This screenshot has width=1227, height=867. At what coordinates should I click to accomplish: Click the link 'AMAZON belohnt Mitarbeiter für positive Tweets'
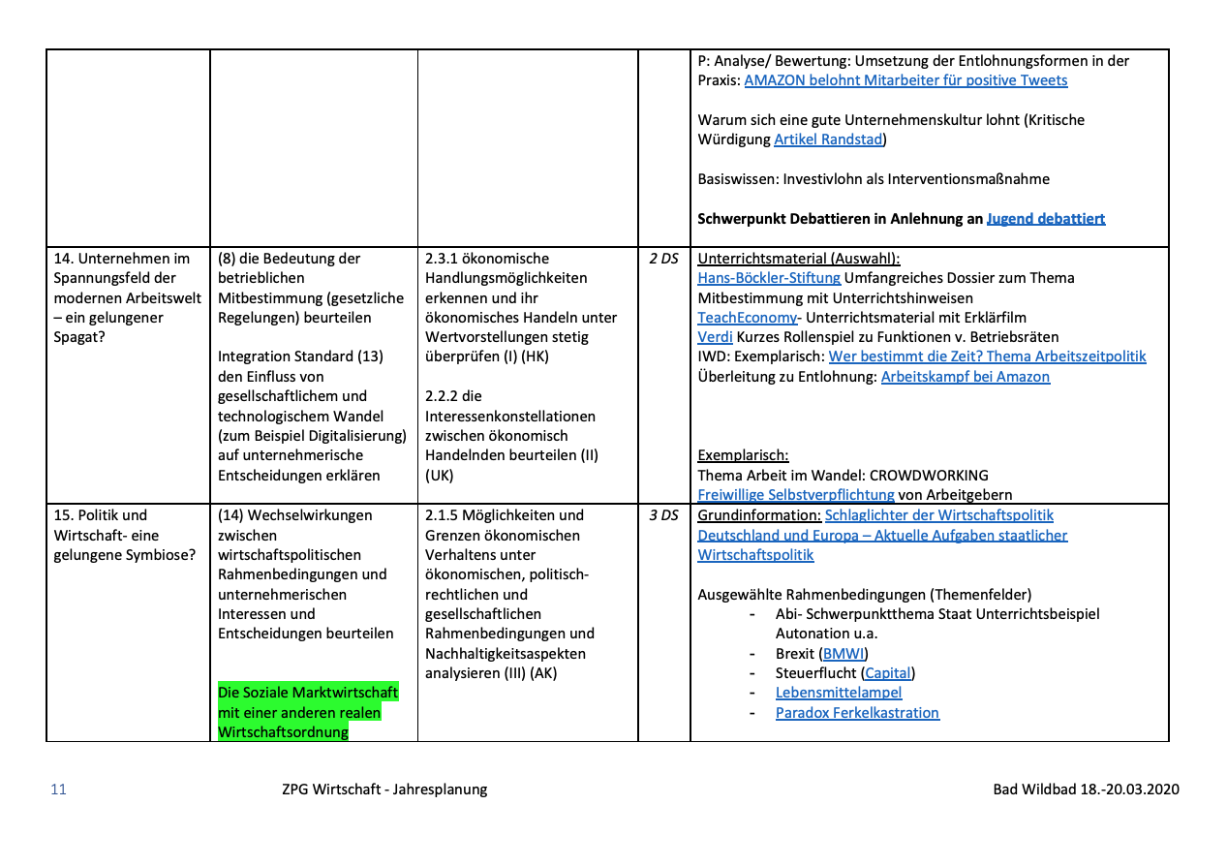(x=905, y=80)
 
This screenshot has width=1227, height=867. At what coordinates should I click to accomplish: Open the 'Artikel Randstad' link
(x=829, y=139)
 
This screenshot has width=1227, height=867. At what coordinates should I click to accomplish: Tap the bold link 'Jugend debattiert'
(x=1046, y=219)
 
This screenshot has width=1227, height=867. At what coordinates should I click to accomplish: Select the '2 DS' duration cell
(x=663, y=259)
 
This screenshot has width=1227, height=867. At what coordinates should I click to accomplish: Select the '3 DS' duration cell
(x=663, y=515)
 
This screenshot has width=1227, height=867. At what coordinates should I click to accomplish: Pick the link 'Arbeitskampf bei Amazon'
(x=965, y=377)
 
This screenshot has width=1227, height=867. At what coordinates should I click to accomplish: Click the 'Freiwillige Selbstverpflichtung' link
(x=796, y=495)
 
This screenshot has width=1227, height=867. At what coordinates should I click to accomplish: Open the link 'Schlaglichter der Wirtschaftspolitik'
(x=938, y=515)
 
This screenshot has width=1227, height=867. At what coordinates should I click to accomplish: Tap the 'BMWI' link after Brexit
(x=844, y=654)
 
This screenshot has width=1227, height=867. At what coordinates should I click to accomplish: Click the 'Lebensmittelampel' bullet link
(x=839, y=693)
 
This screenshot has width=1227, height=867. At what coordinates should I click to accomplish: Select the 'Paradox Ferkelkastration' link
(x=857, y=713)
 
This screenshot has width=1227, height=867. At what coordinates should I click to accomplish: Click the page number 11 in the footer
(x=59, y=790)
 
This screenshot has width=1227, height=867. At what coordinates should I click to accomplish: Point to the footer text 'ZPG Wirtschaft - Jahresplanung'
(x=379, y=790)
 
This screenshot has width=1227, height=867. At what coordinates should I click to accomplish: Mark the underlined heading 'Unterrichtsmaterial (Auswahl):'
(x=798, y=259)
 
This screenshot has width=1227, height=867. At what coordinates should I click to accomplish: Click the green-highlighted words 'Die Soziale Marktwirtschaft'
(x=308, y=693)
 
